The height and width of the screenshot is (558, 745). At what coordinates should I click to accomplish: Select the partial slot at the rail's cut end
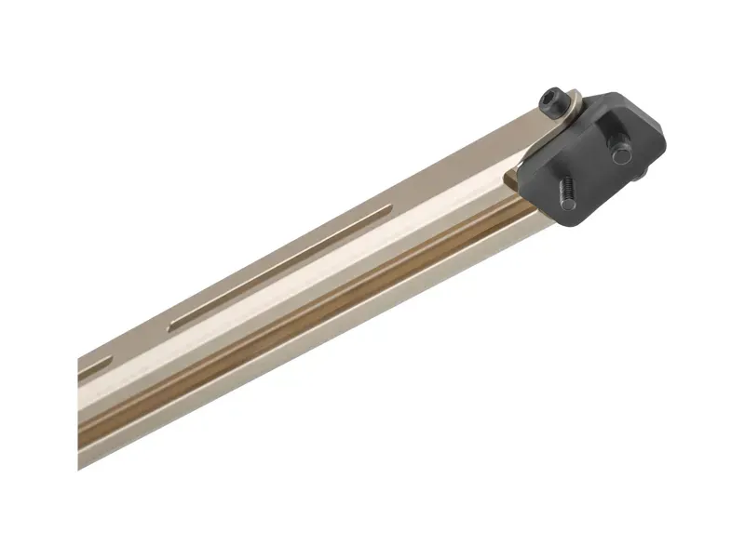tap(91, 369)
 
